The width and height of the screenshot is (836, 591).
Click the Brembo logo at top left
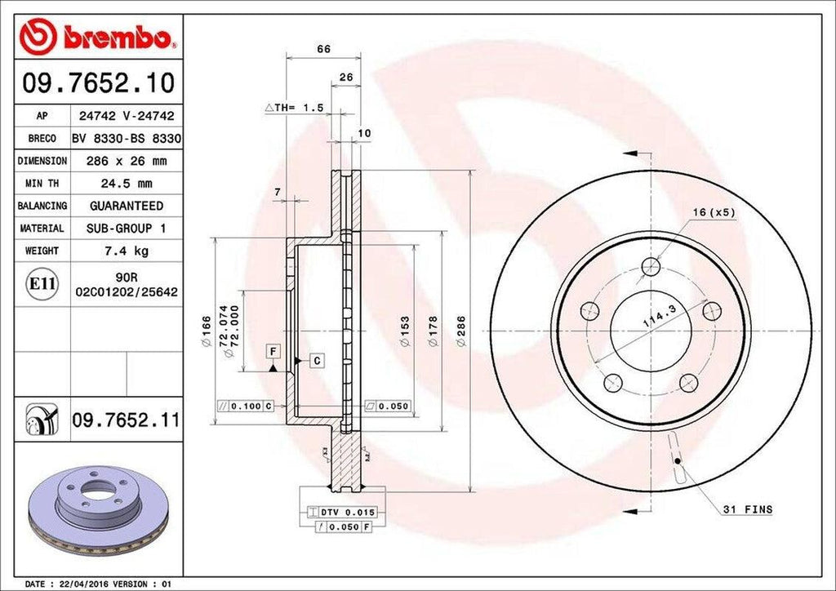96,34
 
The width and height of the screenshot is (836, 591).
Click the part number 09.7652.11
126,420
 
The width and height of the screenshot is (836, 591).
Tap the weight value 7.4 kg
126,251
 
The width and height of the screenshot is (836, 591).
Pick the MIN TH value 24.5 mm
126,184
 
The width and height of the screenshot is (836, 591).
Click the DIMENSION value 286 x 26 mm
126,161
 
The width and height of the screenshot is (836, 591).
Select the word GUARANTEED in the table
126,206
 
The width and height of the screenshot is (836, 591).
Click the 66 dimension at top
323,49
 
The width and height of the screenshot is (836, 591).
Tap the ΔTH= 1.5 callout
294,108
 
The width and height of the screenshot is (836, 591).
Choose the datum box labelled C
315,360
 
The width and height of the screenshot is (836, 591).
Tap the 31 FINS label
747,509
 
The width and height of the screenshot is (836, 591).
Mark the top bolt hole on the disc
651,266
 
